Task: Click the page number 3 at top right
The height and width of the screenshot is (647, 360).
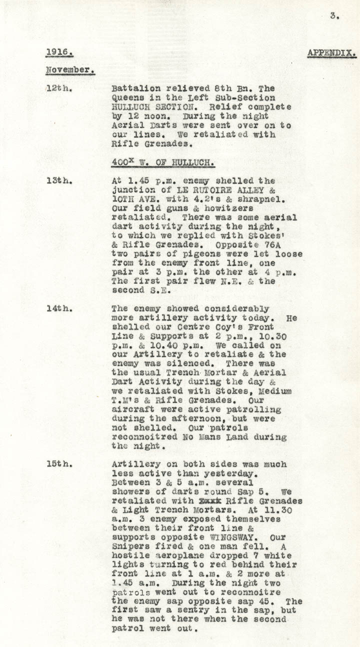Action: pyautogui.click(x=334, y=16)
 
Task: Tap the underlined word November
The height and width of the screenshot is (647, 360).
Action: pyautogui.click(x=70, y=70)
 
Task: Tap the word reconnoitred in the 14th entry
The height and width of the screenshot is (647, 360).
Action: pyautogui.click(x=140, y=437)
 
